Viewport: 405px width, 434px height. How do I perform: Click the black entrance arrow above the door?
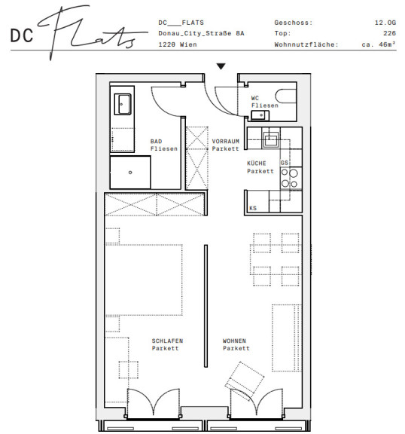pyautogui.click(x=221, y=66)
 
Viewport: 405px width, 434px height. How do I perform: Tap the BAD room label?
pyautogui.click(x=156, y=141)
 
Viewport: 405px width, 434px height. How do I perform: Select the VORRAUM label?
pyautogui.click(x=226, y=141)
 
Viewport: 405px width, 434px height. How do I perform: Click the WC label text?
pyautogui.click(x=255, y=98)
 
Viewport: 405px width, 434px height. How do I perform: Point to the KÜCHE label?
pyautogui.click(x=257, y=163)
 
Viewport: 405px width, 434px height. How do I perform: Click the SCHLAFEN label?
pyautogui.click(x=167, y=341)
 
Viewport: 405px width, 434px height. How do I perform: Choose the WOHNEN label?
pyautogui.click(x=234, y=341)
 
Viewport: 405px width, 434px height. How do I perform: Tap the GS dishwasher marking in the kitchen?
pyautogui.click(x=285, y=163)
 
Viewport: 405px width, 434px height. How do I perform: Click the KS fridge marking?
pyautogui.click(x=253, y=208)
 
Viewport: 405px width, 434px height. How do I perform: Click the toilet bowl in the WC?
pyautogui.click(x=285, y=96)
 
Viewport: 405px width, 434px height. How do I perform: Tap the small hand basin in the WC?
pyautogui.click(x=260, y=115)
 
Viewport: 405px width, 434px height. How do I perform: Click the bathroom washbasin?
pyautogui.click(x=123, y=104)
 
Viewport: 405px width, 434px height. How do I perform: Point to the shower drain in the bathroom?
pyautogui.click(x=130, y=173)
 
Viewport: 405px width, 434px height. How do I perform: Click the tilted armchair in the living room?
pyautogui.click(x=245, y=380)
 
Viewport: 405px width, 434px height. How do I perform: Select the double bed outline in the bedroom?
pyautogui.click(x=144, y=280)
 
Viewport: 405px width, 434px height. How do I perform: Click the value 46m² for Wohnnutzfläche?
pyautogui.click(x=387, y=44)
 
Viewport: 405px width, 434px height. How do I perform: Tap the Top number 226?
pyautogui.click(x=389, y=33)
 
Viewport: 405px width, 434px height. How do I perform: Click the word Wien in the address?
pyautogui.click(x=188, y=44)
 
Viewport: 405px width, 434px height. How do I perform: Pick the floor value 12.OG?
pyautogui.click(x=385, y=23)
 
